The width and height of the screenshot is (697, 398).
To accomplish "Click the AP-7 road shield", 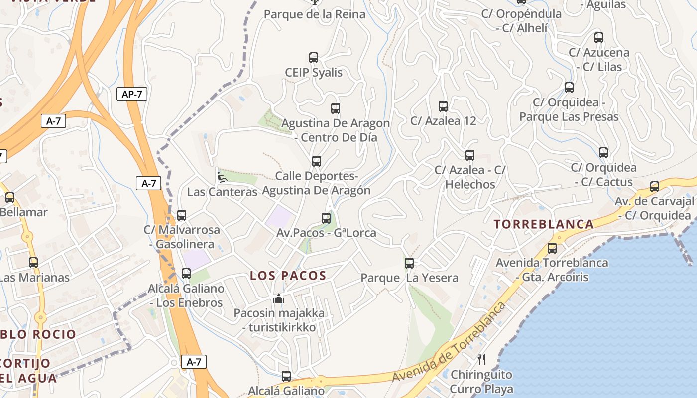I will coord(132,94).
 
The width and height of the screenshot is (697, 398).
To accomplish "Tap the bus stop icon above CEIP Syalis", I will coord(314,58).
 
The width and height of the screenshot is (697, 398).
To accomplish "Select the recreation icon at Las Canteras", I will coord(222,177).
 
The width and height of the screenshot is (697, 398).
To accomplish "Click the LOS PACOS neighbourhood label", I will coord(288,276).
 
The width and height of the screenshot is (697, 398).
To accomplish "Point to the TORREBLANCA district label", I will coord(544,224).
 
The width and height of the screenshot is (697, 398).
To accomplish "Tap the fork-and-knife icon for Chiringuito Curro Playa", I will coord(481,359).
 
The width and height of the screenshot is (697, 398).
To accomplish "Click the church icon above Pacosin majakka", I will coord(278,298).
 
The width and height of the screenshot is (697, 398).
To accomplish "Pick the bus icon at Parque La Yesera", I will coord(409,263).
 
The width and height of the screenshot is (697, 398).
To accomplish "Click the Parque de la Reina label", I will coord(315,14).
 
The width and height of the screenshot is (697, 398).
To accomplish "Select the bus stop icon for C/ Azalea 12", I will coord(443,106).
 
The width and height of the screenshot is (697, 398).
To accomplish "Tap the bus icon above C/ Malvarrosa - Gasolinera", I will coord(182,215).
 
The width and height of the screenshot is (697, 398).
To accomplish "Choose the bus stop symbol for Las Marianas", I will coord(33,262).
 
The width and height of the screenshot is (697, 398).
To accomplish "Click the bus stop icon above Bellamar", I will coord(10,198).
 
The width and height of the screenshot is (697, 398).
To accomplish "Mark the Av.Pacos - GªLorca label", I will coord(327,233).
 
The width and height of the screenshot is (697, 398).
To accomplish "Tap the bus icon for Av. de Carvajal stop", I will coord(655,187).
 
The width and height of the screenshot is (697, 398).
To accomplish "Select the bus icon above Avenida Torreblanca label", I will coord(552,248).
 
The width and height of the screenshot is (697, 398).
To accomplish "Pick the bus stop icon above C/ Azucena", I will coord(599,38).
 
